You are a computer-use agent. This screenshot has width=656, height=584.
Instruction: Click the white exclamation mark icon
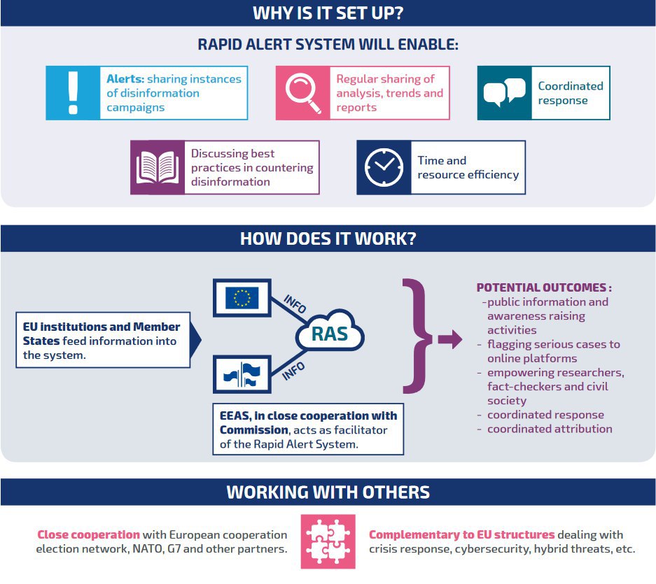pyautogui.click(x=72, y=93)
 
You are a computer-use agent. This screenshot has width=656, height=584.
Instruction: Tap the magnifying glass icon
pyautogui.click(x=302, y=93)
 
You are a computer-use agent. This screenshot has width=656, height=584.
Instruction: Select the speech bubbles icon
pyautogui.click(x=504, y=93)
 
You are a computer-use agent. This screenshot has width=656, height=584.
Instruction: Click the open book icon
pyautogui.click(x=157, y=167)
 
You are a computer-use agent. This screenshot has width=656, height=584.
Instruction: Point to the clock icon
pyautogui.click(x=384, y=167)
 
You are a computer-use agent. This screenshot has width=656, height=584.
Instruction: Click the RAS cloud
pyautogui.click(x=329, y=334)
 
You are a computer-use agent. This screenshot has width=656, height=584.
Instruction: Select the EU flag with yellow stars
pyautogui.click(x=242, y=298)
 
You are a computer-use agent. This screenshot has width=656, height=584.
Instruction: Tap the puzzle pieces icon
pyautogui.click(x=328, y=541)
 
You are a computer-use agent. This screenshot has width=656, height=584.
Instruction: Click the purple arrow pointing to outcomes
pyautogui.click(x=449, y=341)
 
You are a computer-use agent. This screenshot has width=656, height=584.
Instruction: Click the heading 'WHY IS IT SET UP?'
pyautogui.click(x=328, y=13)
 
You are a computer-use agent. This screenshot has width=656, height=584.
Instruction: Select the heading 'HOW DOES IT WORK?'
pyautogui.click(x=328, y=238)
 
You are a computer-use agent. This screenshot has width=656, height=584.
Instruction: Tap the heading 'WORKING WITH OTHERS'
pyautogui.click(x=328, y=492)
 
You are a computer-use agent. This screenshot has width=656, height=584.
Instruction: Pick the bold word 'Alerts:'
pyautogui.click(x=125, y=79)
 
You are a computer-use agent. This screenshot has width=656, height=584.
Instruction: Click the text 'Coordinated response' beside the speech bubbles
pyautogui.click(x=570, y=93)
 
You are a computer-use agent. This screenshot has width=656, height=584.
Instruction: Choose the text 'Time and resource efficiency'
pyautogui.click(x=468, y=167)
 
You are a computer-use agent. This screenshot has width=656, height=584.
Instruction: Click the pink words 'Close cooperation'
pyautogui.click(x=88, y=534)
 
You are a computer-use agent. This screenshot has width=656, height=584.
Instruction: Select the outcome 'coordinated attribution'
pyautogui.click(x=550, y=429)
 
